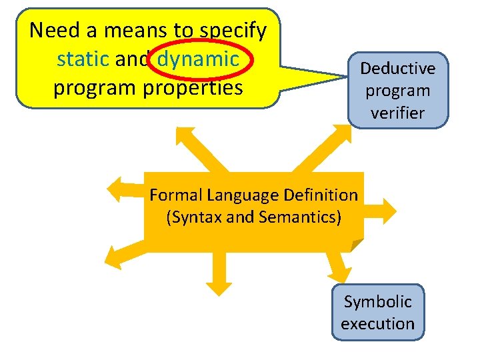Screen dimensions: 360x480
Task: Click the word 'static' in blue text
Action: point(83,59)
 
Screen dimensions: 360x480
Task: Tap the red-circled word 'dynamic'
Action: point(198,59)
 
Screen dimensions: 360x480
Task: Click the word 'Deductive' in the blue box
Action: point(398,68)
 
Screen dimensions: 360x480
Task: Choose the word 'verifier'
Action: point(398,113)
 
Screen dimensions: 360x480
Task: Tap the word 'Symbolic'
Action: point(377,301)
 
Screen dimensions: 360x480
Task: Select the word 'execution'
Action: point(377,324)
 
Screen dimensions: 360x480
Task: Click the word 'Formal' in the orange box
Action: point(175,195)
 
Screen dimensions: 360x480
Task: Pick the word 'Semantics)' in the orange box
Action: point(305,217)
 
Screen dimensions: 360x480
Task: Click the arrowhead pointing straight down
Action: point(218,286)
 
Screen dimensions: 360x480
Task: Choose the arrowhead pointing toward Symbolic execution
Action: point(339,273)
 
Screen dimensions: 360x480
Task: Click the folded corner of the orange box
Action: point(357,245)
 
